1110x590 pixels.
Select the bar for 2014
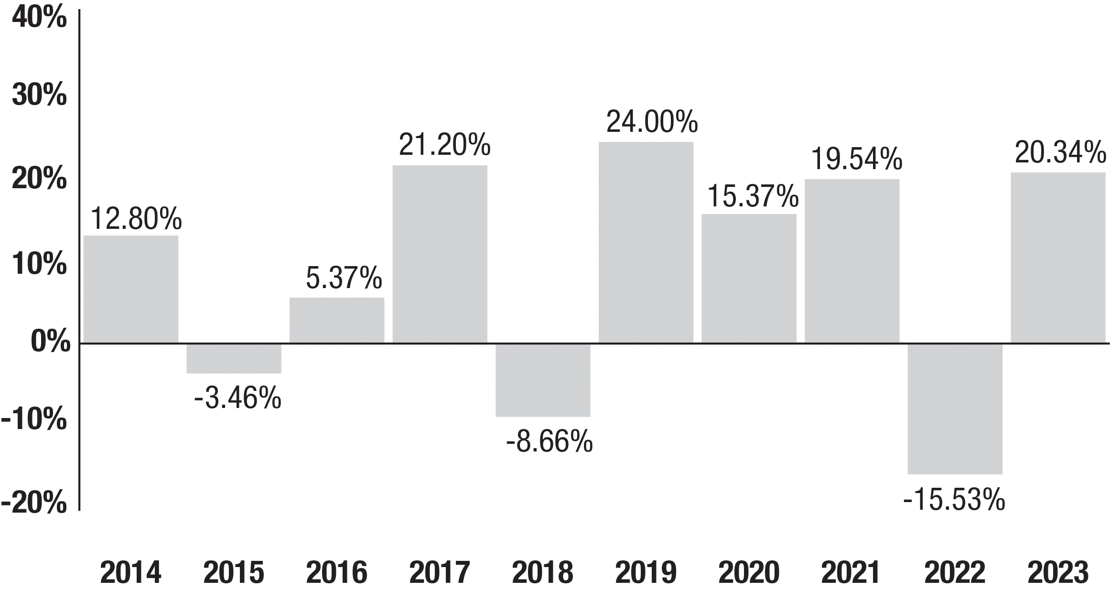coord(131,289)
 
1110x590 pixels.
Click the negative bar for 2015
coord(234,358)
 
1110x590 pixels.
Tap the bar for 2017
coord(440,254)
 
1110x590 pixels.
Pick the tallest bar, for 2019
coord(646,242)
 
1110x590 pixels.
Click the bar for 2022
coord(955,409)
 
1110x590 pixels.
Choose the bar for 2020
coord(749,279)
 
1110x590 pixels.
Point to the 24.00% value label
coord(652,122)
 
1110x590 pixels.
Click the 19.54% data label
coord(857,159)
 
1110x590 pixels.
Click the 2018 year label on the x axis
coord(543,572)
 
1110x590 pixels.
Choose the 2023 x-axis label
coord(1058,572)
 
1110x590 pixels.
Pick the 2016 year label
coord(337,572)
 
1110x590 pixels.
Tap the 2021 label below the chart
coord(851,572)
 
